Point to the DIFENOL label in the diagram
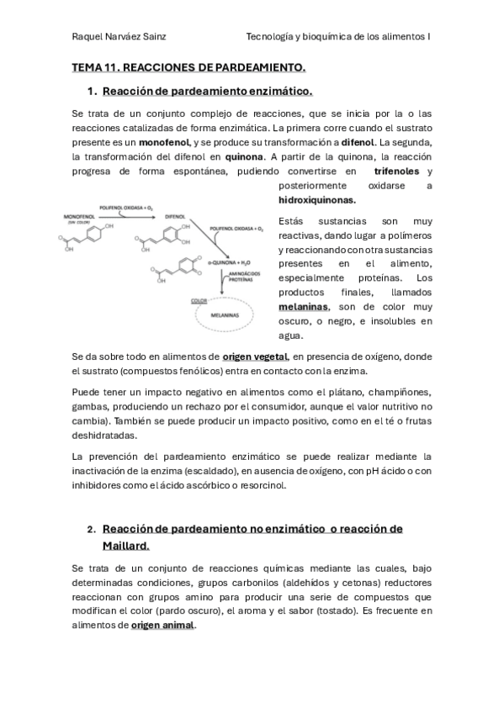pyautogui.click(x=174, y=215)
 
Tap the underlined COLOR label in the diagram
pyautogui.click(x=199, y=299)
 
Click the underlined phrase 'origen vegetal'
pyautogui.click(x=255, y=356)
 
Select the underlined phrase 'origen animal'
pyautogui.click(x=162, y=626)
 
